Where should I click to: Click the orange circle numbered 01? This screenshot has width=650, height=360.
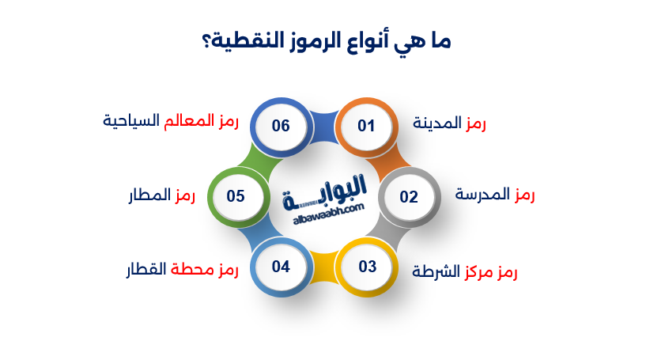[x=365, y=126]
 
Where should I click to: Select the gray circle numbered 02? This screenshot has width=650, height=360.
[x=408, y=197]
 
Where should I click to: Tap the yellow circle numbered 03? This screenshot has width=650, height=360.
[x=368, y=266]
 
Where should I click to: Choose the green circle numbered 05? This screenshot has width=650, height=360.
[x=236, y=197]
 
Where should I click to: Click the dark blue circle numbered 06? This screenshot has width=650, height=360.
[x=281, y=126]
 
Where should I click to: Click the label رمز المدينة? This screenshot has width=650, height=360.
[x=450, y=123]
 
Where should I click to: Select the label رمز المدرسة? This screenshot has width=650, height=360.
[x=496, y=195]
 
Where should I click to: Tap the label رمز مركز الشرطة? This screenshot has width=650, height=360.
[x=465, y=272]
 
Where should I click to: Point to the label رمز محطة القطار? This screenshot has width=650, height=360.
[x=182, y=270]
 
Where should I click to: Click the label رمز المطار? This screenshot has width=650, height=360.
[x=162, y=195]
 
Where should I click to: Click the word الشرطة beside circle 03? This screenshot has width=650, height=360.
[x=437, y=272]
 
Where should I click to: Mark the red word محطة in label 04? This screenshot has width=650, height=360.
[x=193, y=270]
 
